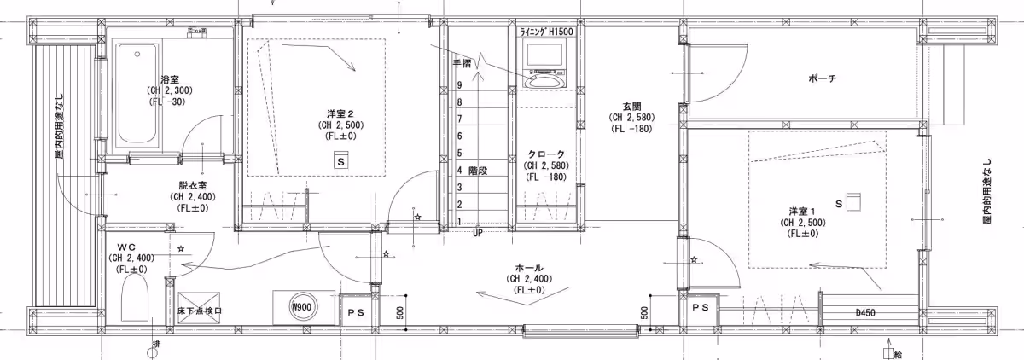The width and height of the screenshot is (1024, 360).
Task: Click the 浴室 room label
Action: coord(170,79)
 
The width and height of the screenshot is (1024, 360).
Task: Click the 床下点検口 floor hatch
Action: coord(200,307)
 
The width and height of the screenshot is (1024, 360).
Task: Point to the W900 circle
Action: coord(302,307)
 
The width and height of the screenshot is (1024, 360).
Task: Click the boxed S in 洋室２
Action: coord(341,162)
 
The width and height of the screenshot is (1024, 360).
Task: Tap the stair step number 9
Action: coord(459,85)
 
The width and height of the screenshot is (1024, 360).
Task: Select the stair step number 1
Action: coord(459,222)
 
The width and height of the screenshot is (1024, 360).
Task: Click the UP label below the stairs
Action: coord(477,233)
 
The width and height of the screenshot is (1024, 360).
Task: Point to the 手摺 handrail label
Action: coord(462,63)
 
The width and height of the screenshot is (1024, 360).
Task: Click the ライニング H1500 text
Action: coord(546,32)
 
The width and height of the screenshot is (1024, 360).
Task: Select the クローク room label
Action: coord(546,154)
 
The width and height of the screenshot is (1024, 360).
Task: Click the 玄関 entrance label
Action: coord(631,107)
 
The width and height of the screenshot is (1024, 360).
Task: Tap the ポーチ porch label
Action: coord(823,78)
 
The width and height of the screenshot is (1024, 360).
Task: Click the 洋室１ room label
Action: coord(802,212)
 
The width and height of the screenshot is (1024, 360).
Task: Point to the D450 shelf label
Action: coord(865,313)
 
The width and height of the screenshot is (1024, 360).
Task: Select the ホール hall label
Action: coord(529,268)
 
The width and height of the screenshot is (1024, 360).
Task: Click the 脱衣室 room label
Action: coord(193,185)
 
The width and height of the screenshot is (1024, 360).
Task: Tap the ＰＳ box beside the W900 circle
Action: coord(356,312)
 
